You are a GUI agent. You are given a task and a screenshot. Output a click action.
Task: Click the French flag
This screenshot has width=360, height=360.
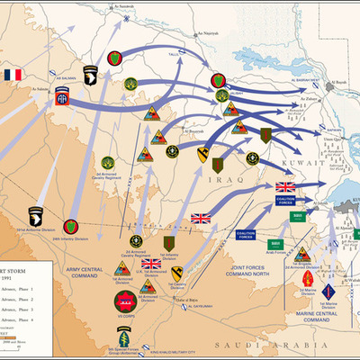(12, 75)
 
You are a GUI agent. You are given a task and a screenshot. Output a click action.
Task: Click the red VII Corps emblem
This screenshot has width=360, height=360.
(125, 301)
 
